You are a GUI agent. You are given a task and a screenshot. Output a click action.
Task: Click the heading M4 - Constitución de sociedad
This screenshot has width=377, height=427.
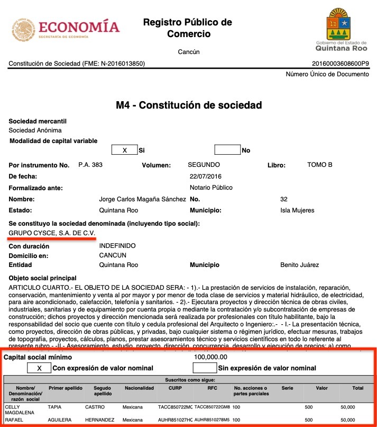tap(189, 105)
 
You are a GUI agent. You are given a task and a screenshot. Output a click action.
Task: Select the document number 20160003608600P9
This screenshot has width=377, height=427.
tap(341, 64)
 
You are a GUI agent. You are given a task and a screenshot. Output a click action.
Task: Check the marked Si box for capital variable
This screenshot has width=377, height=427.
tap(125, 150)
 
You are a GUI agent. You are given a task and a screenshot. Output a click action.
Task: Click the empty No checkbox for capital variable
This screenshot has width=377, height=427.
tap(227, 150)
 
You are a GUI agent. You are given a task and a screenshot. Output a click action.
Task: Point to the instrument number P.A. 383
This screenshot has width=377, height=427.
tap(90, 165)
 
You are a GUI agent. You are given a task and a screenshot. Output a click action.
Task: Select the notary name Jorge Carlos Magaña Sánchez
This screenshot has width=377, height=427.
tap(143, 199)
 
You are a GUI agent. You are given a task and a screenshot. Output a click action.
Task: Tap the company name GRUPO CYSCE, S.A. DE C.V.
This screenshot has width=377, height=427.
tap(52, 233)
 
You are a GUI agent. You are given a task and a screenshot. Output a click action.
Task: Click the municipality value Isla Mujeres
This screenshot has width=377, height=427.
tap(297, 210)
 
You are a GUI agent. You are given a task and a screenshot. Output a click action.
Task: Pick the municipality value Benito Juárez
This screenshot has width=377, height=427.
tap(300, 265)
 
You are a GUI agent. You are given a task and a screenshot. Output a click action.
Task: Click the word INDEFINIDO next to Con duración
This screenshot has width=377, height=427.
tap(117, 246)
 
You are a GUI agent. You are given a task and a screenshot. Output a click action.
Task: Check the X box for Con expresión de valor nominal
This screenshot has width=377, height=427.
tap(40, 368)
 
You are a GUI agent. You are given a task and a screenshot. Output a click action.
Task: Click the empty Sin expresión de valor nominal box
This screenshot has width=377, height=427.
tap(205, 368)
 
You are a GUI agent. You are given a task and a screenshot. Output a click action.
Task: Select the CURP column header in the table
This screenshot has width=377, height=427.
tap(175, 388)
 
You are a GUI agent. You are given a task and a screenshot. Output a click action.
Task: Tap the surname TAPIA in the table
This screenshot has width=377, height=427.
tap(56, 407)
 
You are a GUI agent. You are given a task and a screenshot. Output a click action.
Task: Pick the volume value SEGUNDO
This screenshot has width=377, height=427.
tap(204, 165)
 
